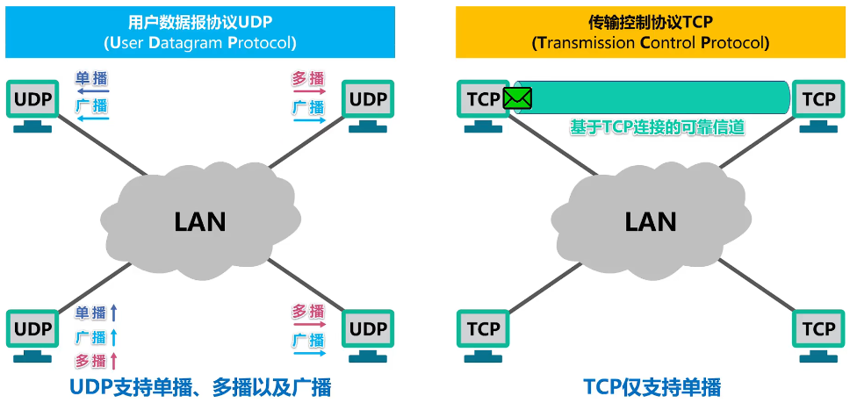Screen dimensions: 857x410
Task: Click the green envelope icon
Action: point(517,98)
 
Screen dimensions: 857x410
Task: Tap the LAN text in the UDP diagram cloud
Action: point(200,222)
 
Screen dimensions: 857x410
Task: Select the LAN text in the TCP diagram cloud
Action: point(651,222)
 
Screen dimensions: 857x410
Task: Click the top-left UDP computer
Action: point(32,106)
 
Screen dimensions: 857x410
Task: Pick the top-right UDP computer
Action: point(368,106)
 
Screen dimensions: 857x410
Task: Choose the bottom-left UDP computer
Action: point(32,336)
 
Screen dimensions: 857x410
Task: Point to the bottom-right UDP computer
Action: point(368,336)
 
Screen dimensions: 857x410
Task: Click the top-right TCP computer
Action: point(818,106)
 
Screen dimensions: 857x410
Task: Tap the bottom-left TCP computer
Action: point(484,336)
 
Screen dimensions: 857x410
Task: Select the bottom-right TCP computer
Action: point(818,336)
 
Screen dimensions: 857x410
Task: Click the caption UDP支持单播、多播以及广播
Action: point(200,387)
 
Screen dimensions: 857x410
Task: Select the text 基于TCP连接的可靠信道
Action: point(657,128)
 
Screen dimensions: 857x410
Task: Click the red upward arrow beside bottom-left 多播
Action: point(113,361)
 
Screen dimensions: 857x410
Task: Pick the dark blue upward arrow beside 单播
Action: point(113,313)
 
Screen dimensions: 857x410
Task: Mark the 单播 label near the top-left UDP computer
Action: point(91,78)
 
